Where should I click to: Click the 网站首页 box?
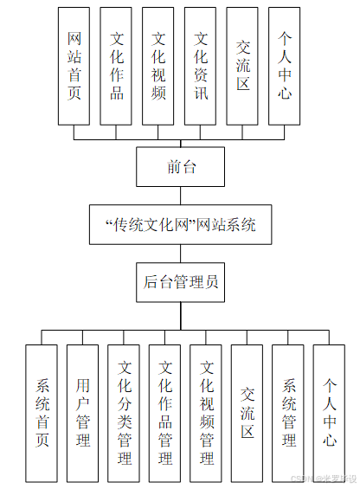(74, 66)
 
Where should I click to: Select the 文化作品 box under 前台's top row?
(117, 66)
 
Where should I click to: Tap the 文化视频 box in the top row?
(159, 66)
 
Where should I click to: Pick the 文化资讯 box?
(202, 66)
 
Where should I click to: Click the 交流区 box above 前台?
(244, 66)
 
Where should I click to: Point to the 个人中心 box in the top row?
(286, 66)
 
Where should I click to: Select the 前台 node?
(181, 167)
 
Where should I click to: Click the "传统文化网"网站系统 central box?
(180, 225)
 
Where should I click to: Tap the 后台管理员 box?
(181, 282)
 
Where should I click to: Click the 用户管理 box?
(84, 413)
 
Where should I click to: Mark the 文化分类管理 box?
(125, 413)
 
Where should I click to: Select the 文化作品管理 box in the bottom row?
(165, 413)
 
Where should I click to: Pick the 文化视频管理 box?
(207, 413)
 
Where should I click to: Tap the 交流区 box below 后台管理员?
(247, 413)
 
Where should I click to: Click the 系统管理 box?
(288, 413)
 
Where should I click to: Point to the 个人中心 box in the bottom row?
(330, 413)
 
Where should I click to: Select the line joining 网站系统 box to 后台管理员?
(181, 254)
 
